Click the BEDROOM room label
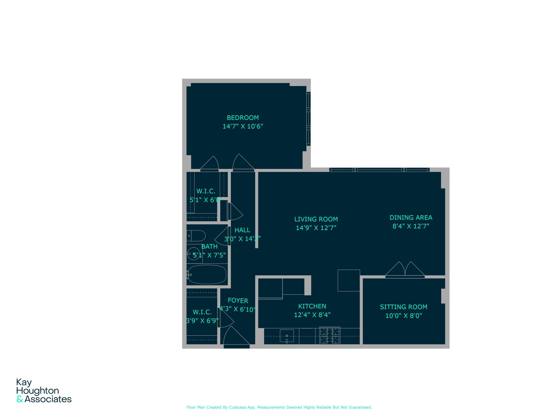(243, 118)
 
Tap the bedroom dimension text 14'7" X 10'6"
(243, 126)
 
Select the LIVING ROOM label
(316, 219)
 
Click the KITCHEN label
(312, 306)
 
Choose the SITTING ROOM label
(404, 307)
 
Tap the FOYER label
(238, 301)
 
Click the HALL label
(242, 230)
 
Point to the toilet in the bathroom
(196, 236)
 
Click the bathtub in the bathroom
(207, 274)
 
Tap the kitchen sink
(287, 336)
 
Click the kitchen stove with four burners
(330, 335)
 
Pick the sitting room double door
(405, 270)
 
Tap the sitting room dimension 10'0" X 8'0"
(404, 316)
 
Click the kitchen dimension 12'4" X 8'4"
(312, 315)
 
